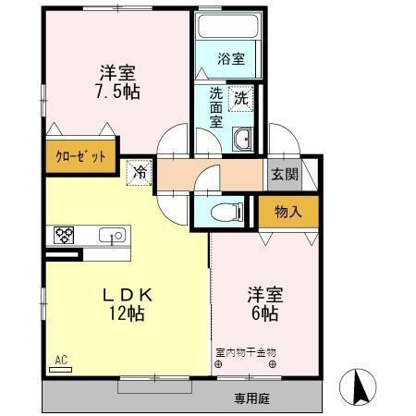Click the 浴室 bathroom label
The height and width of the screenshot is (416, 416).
(x=231, y=59)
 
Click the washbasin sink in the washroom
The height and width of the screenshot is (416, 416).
(x=242, y=139)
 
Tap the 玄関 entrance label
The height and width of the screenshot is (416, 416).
(x=284, y=174)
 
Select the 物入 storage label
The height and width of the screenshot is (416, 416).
(x=288, y=212)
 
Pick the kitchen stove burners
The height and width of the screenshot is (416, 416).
(x=64, y=235)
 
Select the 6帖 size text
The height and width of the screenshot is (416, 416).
(x=264, y=313)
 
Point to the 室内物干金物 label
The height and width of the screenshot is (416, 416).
(x=246, y=352)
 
